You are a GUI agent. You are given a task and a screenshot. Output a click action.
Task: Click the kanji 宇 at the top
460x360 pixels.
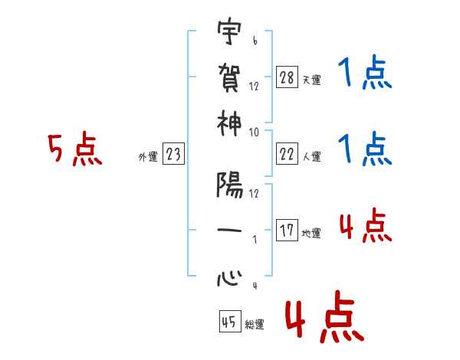(229, 33)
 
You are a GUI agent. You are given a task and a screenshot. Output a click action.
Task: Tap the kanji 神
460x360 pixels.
(229, 123)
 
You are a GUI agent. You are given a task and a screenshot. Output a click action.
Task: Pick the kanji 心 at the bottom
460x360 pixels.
(229, 277)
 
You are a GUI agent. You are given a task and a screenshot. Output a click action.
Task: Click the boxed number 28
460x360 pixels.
(287, 77)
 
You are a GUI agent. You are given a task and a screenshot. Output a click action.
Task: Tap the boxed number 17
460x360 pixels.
(287, 231)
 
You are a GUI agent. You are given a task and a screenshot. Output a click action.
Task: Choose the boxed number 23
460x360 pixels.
(173, 155)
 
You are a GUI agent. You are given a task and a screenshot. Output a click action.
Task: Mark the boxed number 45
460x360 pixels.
(228, 322)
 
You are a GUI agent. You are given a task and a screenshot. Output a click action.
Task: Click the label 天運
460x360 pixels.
(310, 80)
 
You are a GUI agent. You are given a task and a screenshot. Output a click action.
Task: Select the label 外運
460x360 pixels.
(147, 157)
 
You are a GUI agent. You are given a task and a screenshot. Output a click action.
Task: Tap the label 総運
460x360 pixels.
(254, 324)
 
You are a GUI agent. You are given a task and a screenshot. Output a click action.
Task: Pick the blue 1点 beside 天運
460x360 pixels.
(363, 74)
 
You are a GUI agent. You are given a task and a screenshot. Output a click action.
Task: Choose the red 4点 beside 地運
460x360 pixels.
(364, 226)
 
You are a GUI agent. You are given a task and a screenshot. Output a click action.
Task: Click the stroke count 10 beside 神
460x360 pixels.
(254, 132)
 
